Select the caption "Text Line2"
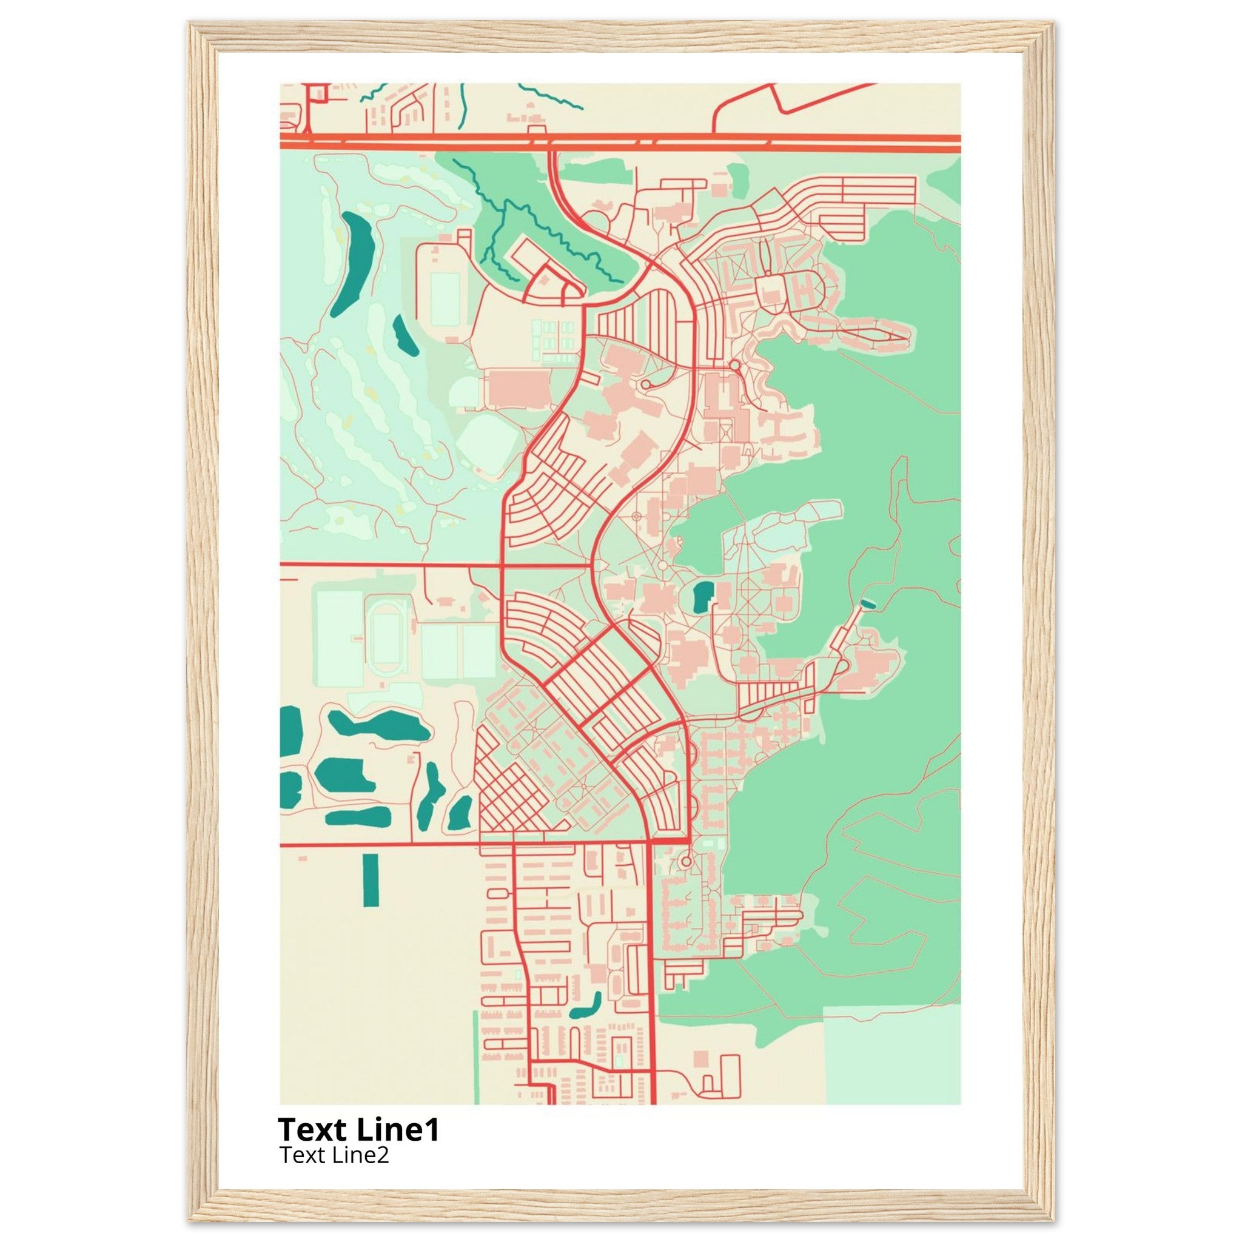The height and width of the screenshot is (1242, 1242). point(334,1155)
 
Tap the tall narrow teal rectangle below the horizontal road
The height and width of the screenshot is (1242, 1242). point(371,880)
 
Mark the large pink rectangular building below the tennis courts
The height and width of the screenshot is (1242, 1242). point(518,388)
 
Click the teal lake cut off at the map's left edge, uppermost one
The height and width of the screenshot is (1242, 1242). point(290,730)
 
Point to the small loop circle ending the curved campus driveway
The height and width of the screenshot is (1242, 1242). point(645,384)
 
